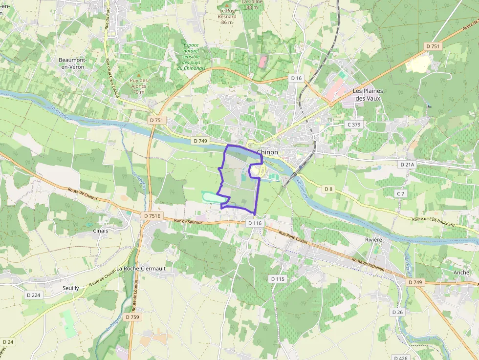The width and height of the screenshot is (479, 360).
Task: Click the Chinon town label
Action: [x=268, y=152]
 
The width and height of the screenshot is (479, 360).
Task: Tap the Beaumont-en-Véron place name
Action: [x=71, y=63]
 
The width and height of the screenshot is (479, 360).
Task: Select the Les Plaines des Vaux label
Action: [x=368, y=95]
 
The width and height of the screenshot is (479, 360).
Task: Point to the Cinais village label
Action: [x=100, y=230]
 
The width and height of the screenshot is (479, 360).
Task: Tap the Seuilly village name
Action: [x=70, y=288]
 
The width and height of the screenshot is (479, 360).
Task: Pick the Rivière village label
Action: [x=373, y=240]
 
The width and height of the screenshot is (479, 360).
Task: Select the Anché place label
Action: [x=461, y=273]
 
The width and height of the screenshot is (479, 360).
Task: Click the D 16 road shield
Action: [x=296, y=78]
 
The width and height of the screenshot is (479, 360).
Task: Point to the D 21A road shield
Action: [x=407, y=165]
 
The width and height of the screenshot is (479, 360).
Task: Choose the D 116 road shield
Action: [x=255, y=223]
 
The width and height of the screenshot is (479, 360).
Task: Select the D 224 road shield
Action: [x=34, y=295]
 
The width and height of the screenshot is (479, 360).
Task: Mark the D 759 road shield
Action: [x=132, y=317]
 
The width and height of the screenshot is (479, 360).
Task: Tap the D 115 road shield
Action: [x=277, y=279]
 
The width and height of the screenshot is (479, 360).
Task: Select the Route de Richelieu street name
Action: [x=373, y=269]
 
